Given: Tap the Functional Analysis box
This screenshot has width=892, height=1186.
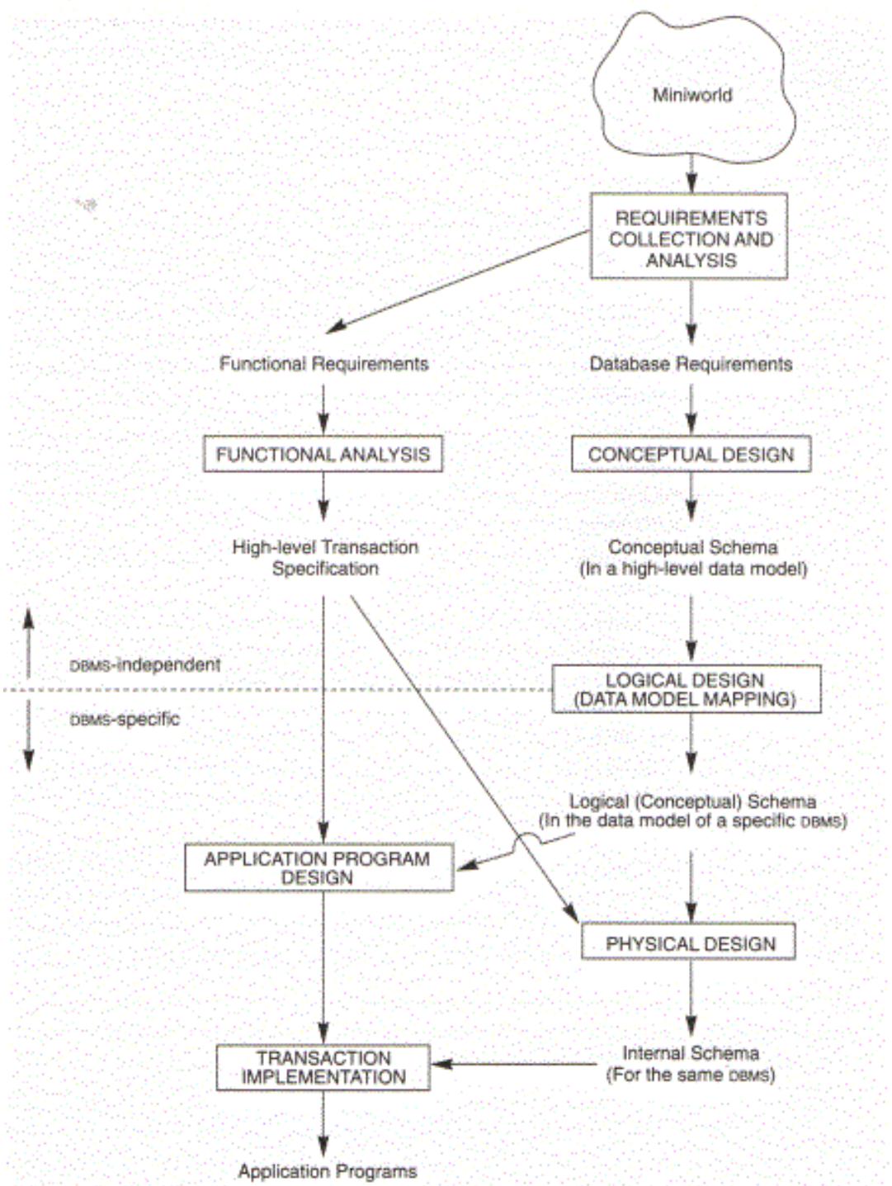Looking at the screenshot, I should coord(323,454).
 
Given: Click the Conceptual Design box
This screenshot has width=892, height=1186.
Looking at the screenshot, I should coord(691,454).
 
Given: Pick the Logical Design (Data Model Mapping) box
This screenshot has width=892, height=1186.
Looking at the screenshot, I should coord(686,689).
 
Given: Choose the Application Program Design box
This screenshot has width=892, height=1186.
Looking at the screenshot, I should coord(319,867).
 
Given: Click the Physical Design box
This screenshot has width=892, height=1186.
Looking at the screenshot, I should coord(689,943).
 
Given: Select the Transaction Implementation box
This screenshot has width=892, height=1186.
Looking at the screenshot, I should coord(323,1067).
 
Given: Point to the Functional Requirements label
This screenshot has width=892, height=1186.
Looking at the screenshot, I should coord(323,364).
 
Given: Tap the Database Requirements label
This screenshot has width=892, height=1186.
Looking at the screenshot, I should coord(691,364).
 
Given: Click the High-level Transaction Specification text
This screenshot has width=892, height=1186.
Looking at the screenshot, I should coord(325,557).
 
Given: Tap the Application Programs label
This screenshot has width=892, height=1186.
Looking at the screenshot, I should coord(327,1170).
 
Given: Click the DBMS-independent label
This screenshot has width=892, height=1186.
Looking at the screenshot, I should coord(145,664).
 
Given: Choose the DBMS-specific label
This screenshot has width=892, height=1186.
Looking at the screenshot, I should coord(125,719).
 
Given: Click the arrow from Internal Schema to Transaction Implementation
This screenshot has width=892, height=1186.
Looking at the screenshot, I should coord(515,1064).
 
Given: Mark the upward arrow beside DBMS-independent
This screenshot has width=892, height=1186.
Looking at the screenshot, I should coord(29,644).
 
